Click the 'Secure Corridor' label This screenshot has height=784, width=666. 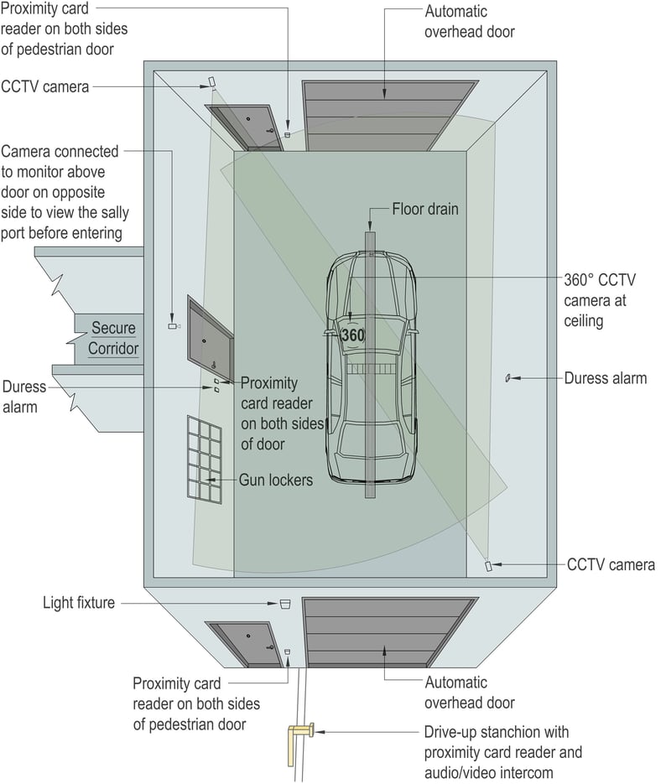pyautogui.click(x=113, y=337)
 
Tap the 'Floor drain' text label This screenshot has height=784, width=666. pyautogui.click(x=425, y=209)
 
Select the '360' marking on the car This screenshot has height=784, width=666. pyautogui.click(x=353, y=335)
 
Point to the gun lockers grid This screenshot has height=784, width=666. pyautogui.click(x=204, y=459)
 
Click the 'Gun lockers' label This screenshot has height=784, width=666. pyautogui.click(x=276, y=480)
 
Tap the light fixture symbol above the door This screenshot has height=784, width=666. pyautogui.click(x=284, y=603)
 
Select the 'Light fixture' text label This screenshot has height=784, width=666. pyautogui.click(x=79, y=603)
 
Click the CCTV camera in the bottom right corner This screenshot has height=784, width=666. pyautogui.click(x=488, y=566)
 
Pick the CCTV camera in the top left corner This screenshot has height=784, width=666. pyautogui.click(x=211, y=82)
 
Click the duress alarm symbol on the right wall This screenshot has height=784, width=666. pyautogui.click(x=507, y=378)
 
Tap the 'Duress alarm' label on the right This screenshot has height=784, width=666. pyautogui.click(x=606, y=378)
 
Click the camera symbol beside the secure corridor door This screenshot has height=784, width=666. pyautogui.click(x=173, y=325)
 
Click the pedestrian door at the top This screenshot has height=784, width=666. pyautogui.click(x=246, y=127)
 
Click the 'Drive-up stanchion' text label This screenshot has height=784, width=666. pyautogui.click(x=502, y=752)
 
